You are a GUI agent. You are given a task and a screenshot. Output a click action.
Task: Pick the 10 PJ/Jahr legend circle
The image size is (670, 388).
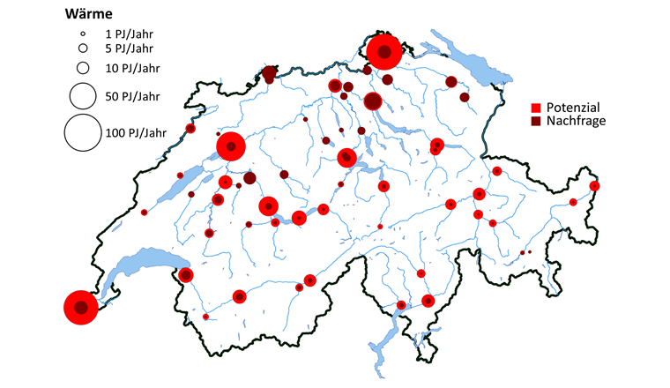tap(82, 67)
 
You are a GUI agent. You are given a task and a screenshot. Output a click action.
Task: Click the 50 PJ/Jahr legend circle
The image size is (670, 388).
tap(82, 95)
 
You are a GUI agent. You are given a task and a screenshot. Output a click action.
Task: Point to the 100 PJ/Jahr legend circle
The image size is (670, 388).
tap(82, 133)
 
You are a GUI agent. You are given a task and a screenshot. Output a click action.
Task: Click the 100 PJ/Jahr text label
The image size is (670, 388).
tap(135, 133)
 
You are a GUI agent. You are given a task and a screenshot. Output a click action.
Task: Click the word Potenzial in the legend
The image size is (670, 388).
tap(573, 106)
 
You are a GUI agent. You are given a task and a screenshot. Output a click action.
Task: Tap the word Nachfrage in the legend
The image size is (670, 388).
tap(576, 119)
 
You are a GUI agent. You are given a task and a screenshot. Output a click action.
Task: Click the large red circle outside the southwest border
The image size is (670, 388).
tap(81, 308)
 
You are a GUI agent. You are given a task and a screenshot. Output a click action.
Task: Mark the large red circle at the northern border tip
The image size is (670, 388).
tap(384, 52)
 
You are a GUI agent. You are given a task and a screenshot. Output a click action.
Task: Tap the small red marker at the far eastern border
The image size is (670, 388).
tap(595, 186)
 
